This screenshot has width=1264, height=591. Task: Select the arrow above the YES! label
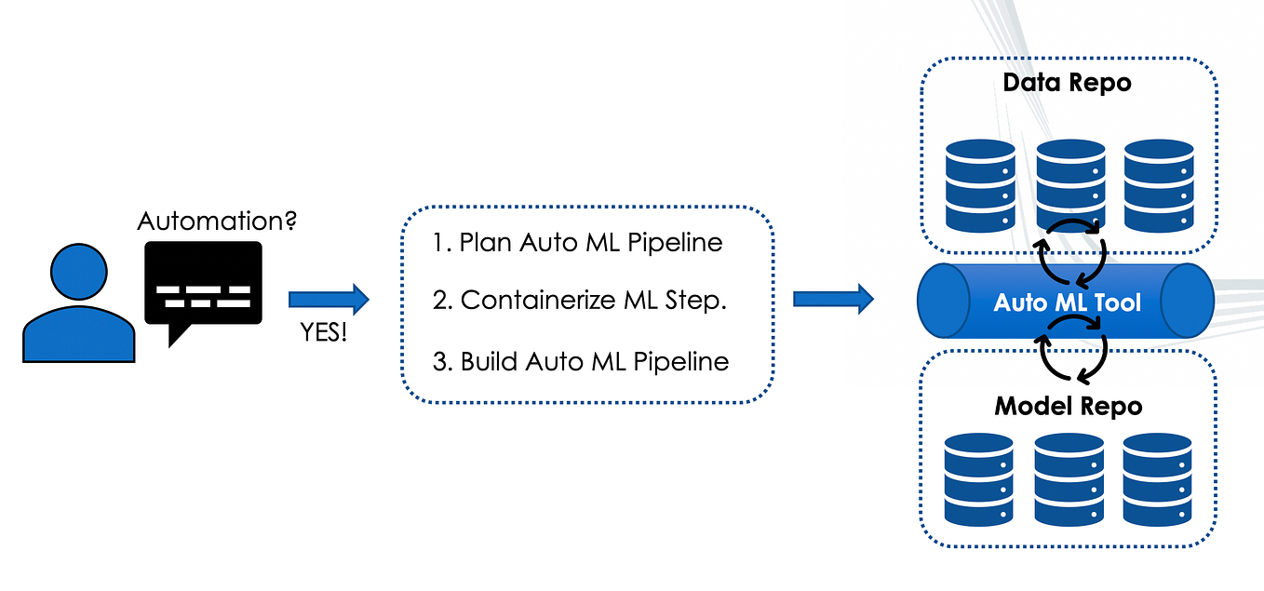coord(329,300)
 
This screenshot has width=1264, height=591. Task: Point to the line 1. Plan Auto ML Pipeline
coord(577,243)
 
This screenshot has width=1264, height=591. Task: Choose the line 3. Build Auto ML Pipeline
coord(581,361)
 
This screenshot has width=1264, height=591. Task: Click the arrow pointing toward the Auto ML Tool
coord(832,300)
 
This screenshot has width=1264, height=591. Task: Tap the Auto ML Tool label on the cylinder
coord(1067,302)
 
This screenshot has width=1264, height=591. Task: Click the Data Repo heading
coord(1067,83)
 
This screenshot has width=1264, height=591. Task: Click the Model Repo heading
coord(1068,407)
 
